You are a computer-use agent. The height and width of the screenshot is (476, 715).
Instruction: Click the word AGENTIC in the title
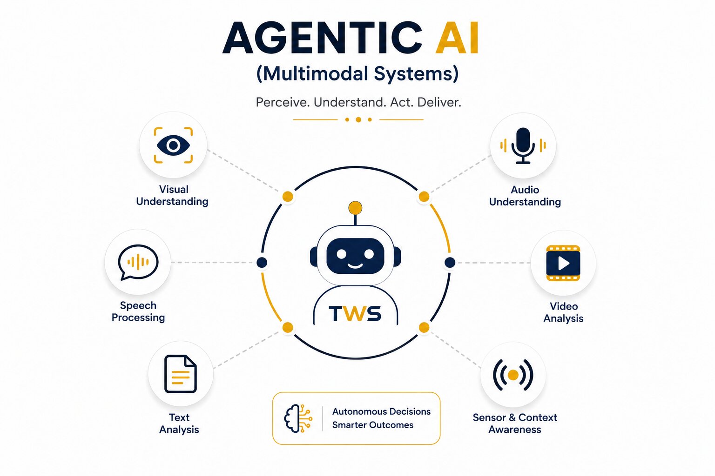click(x=323, y=38)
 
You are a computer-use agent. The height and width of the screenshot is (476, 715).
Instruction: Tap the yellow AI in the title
click(x=457, y=38)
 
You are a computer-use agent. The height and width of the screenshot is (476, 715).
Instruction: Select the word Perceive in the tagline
click(x=283, y=102)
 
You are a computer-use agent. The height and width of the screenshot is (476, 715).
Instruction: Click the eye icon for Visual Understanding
click(x=173, y=145)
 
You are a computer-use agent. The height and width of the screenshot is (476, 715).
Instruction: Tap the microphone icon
click(x=523, y=145)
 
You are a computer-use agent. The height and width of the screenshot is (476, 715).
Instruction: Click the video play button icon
click(x=563, y=263)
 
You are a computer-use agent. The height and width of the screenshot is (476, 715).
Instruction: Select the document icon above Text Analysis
click(x=180, y=374)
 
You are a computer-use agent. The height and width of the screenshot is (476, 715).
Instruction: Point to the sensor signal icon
click(x=513, y=375)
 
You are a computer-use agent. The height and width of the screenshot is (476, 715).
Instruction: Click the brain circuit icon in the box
click(x=298, y=418)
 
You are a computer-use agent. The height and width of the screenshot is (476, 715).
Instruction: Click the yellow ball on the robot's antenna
click(x=355, y=208)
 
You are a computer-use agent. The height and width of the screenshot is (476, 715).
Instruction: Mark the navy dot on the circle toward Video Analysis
click(x=450, y=263)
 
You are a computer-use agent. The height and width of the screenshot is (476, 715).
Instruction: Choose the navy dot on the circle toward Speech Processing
click(x=262, y=263)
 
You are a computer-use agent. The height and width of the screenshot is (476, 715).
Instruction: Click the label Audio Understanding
click(x=525, y=196)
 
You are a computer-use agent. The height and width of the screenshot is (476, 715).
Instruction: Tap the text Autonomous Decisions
click(x=381, y=411)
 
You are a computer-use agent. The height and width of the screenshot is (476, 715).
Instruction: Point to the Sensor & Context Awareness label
click(x=515, y=423)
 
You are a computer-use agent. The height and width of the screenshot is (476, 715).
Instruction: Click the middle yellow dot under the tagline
click(x=358, y=119)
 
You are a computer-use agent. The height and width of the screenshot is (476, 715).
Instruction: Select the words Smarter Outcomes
click(x=373, y=425)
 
